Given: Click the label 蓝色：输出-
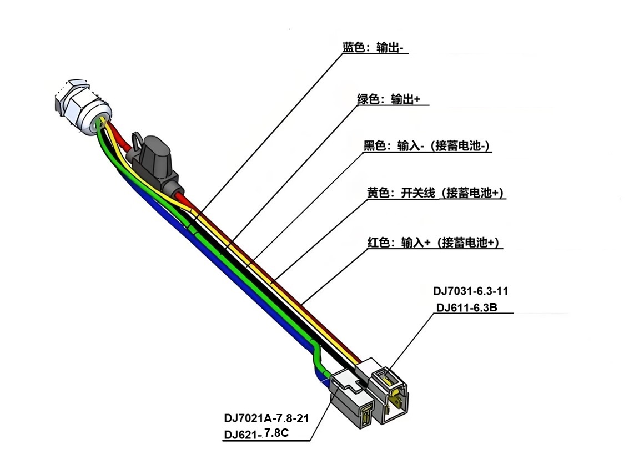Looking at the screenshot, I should click(375, 48).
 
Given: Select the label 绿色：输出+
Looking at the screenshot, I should click(389, 99).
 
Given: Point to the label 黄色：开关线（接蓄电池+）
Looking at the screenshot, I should click(435, 193).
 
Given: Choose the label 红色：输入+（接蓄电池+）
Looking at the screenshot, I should click(434, 243).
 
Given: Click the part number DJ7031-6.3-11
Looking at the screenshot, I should click(470, 291).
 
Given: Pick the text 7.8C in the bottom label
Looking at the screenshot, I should click(276, 432).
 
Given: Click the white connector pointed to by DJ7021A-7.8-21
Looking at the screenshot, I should click(353, 400).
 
